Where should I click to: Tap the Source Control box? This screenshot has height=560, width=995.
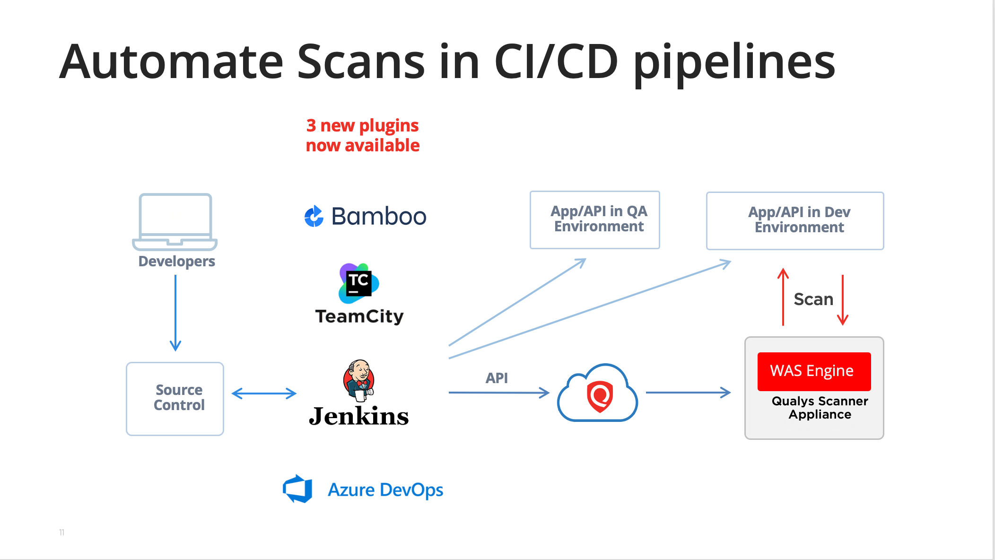tap(175, 399)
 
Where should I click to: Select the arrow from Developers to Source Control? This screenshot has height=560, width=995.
tap(175, 313)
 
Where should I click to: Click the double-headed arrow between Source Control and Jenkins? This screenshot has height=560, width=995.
tap(264, 393)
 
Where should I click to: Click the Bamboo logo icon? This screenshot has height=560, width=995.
tap(314, 217)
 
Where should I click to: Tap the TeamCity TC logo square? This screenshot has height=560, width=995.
tap(359, 283)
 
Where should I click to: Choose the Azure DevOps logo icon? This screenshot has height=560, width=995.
tap(297, 489)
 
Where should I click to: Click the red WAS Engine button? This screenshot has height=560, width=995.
tap(814, 371)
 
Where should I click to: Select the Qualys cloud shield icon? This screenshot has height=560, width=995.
tap(597, 393)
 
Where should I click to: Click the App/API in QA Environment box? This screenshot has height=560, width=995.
tap(595, 220)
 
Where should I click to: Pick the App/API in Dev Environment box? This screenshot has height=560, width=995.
tap(795, 221)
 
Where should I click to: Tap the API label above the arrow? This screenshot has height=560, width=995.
tap(497, 378)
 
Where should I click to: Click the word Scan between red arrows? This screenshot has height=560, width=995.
tap(813, 299)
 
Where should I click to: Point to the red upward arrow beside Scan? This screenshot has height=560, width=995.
tap(783, 297)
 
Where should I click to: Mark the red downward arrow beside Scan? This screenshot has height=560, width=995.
tap(843, 300)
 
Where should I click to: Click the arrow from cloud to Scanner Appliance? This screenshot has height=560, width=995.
tap(689, 392)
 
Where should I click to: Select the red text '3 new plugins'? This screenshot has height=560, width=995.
tap(362, 126)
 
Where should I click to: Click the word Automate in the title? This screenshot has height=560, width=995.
tap(172, 61)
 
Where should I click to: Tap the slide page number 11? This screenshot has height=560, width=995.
tap(61, 533)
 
